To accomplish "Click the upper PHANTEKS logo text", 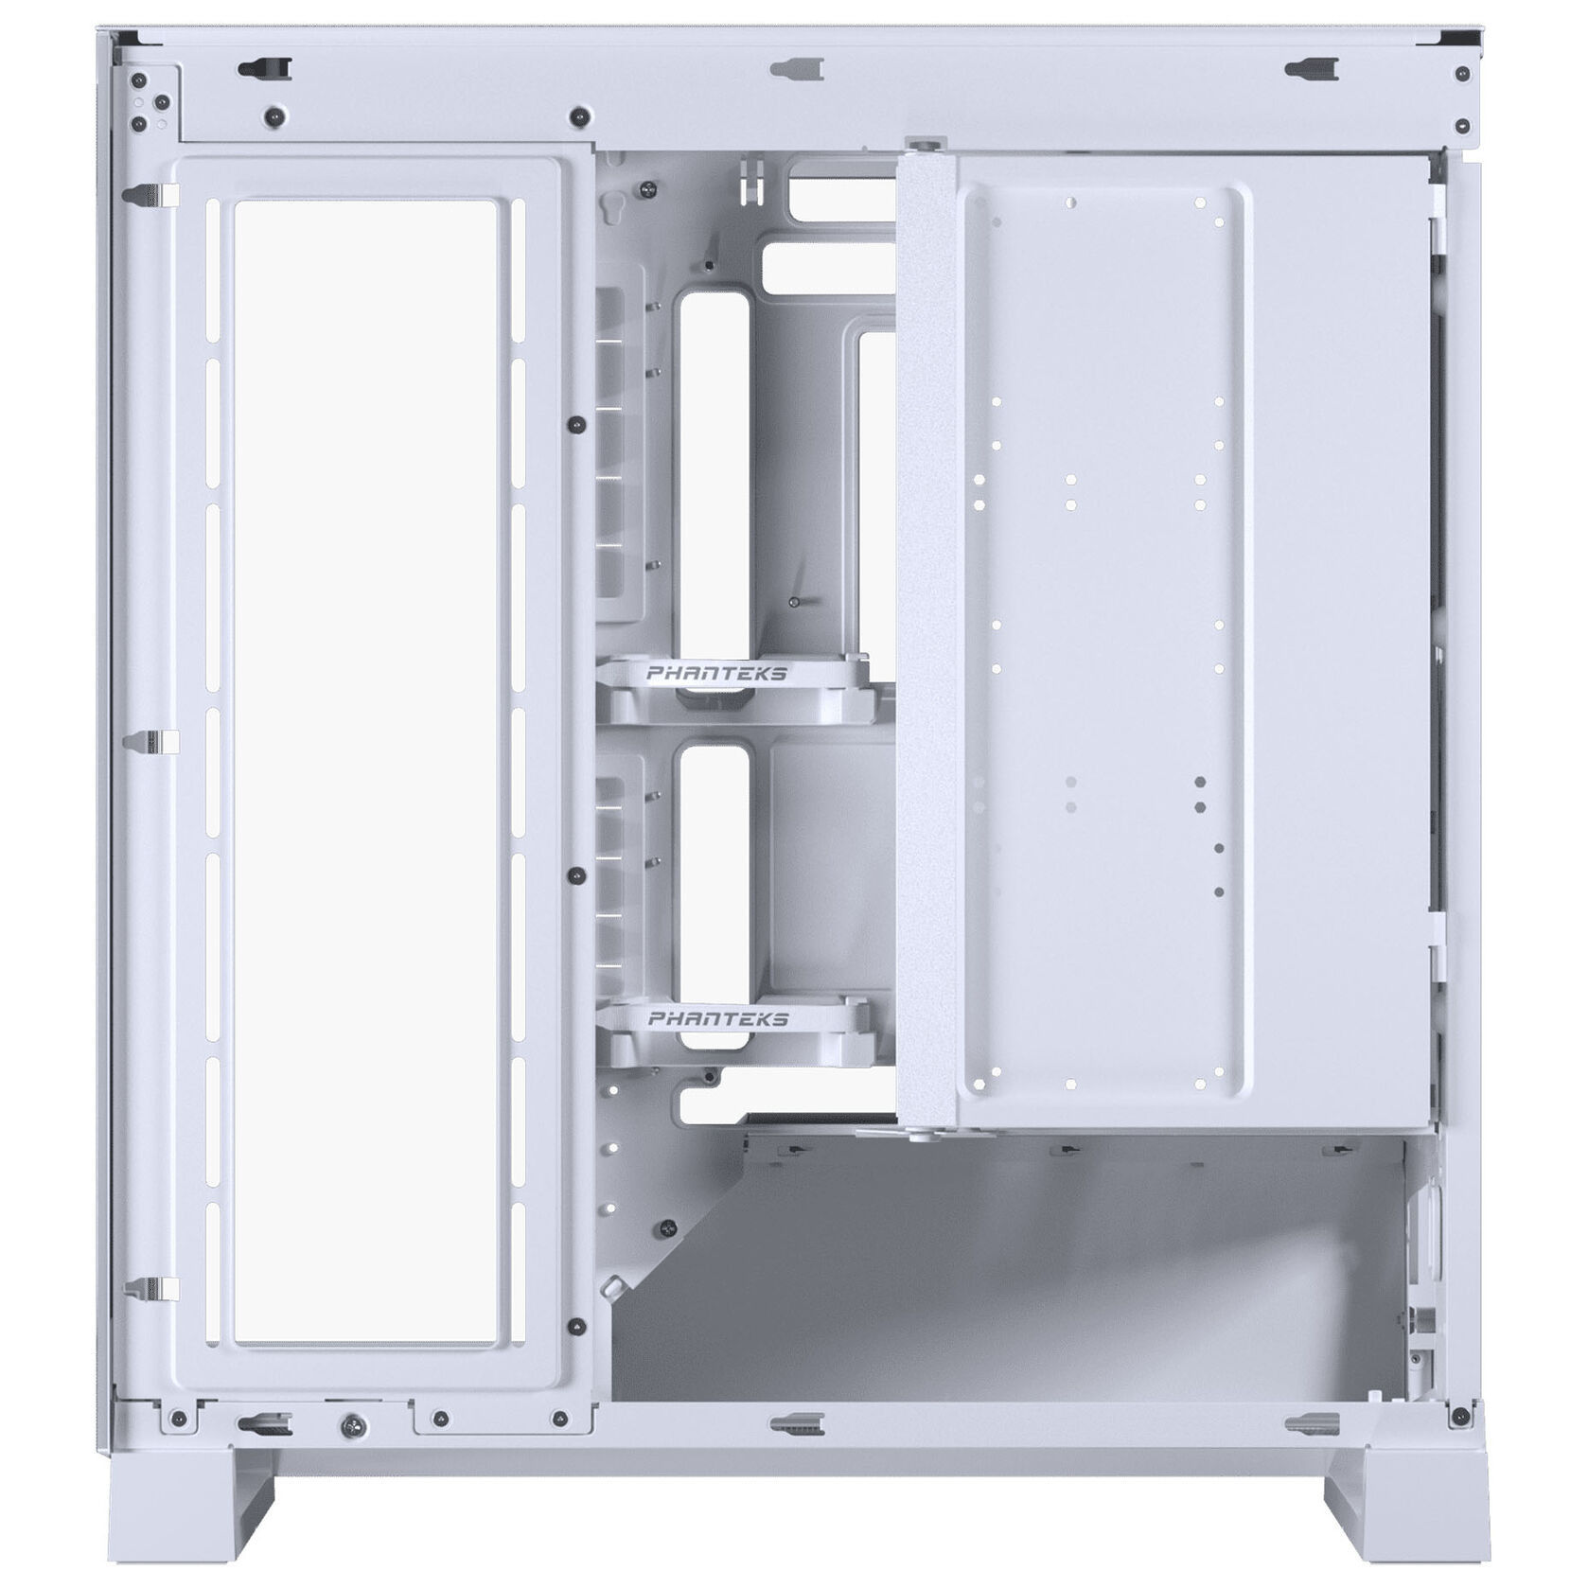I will tap(716, 674).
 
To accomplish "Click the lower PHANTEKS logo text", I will tap(718, 1019).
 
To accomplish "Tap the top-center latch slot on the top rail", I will tap(796, 69).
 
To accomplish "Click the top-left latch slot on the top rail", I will tap(265, 67).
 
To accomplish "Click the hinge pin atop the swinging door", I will tap(924, 143).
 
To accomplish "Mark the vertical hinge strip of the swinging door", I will tap(925, 634).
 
